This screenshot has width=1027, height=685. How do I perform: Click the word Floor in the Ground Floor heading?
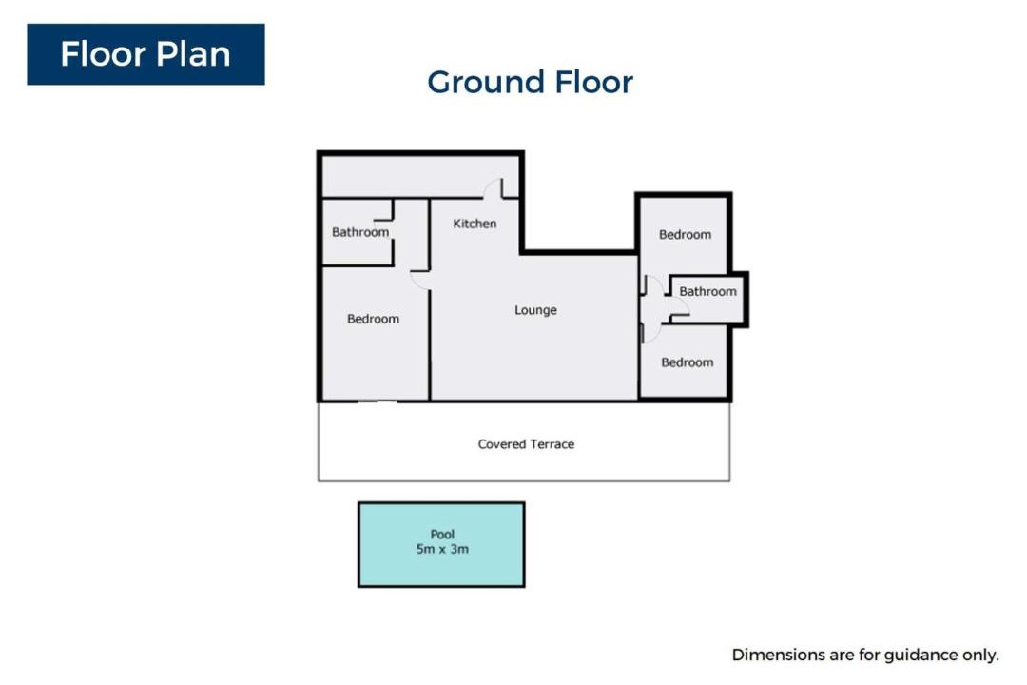(x=594, y=82)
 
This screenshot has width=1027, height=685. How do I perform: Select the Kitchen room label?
(x=475, y=224)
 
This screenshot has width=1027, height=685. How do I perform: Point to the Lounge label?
(x=535, y=310)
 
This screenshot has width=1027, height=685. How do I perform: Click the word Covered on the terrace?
(x=502, y=443)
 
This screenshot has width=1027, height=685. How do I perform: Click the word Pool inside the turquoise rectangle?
(x=443, y=535)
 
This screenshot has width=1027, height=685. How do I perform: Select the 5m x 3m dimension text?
(x=443, y=549)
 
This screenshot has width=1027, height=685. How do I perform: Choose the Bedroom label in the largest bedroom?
(x=374, y=319)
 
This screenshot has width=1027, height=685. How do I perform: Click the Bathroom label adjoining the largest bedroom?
(x=360, y=232)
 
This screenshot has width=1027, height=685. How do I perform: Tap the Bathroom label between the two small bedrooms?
(x=708, y=291)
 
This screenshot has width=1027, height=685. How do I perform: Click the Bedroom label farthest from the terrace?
(x=685, y=235)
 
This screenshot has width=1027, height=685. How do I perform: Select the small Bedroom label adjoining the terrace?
(x=688, y=362)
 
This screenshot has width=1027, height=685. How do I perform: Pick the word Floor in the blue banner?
(x=103, y=53)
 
